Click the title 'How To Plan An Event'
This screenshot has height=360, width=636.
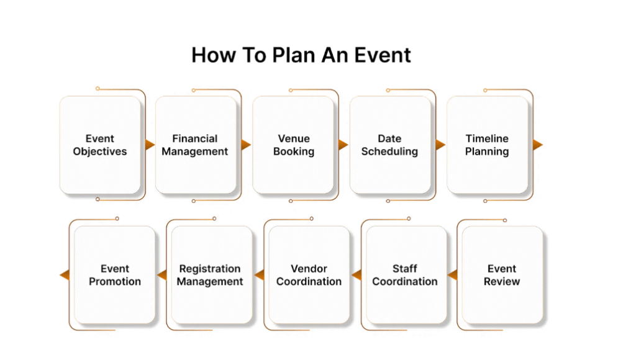[301, 55]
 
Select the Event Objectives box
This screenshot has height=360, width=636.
[100, 145]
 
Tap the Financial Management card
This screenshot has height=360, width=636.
[196, 145]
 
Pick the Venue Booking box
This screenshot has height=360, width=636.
[293, 145]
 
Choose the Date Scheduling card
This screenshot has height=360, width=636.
[390, 145]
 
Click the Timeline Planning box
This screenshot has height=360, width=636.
[488, 145]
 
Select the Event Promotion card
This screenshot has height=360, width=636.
[115, 275]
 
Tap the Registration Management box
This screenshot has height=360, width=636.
[212, 275]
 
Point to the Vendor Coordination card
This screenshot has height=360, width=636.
[309, 275]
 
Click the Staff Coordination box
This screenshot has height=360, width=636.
[406, 275]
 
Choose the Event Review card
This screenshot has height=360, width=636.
[502, 275]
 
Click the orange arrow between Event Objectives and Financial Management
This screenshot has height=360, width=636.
[150, 145]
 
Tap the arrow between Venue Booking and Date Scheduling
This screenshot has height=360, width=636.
[343, 145]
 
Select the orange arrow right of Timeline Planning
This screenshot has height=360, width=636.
[538, 145]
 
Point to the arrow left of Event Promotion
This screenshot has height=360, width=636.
[65, 275]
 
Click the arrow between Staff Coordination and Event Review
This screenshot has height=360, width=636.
[452, 275]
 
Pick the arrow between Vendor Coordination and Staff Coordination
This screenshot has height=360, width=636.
[357, 275]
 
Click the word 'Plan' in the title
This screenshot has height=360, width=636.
[293, 55]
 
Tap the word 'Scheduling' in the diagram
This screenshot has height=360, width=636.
[389, 151]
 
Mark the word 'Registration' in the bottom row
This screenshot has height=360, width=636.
[210, 269]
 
